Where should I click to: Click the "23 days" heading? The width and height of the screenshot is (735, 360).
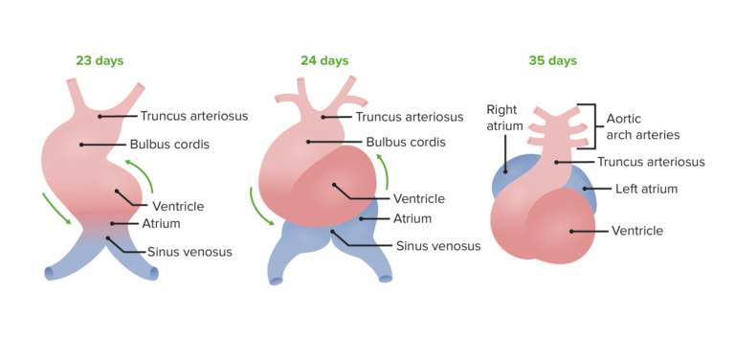coord(100,60)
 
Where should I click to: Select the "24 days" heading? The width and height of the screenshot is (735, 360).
coord(324,60)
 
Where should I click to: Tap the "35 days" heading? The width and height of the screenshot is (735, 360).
coord(552,60)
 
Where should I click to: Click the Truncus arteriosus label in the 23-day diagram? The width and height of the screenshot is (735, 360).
coord(194,116)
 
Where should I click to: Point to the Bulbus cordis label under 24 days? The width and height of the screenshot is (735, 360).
coord(409,143)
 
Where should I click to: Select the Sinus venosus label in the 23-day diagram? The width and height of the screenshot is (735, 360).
coord(189,253)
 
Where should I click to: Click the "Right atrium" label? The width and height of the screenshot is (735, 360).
coord(504,118)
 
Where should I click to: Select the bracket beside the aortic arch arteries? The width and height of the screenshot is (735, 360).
coord(597,124)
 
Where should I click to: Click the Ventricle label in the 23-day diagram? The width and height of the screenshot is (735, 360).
coord(178,207)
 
